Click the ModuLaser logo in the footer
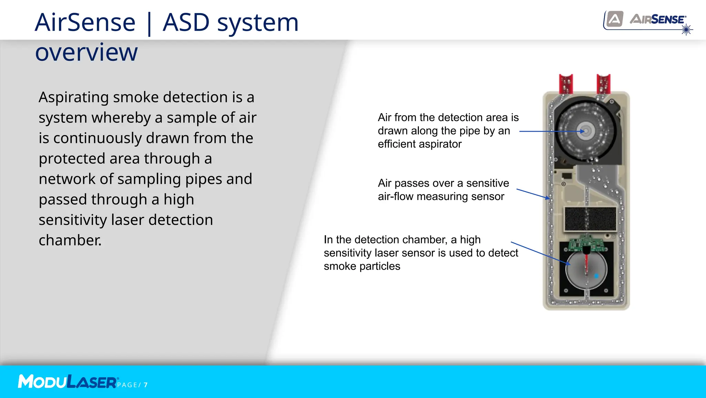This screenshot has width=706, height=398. click(x=68, y=382)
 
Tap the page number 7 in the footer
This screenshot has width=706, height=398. click(x=146, y=385)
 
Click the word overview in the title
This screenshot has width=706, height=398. click(x=86, y=52)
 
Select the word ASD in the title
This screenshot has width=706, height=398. click(x=186, y=23)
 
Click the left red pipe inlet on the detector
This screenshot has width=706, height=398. click(x=566, y=84)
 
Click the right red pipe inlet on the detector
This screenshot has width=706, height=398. click(x=603, y=84)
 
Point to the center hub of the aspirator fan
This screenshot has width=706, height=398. click(x=586, y=131)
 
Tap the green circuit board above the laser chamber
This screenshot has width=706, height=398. click(x=586, y=243)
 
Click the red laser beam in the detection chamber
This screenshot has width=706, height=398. click(x=586, y=264)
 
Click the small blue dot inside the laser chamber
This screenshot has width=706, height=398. click(x=596, y=276)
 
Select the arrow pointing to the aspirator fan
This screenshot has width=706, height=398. click(x=552, y=131)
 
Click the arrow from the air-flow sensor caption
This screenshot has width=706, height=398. click(x=533, y=194)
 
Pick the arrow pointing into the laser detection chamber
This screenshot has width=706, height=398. click(x=539, y=253)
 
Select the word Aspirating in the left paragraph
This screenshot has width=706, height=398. click(x=73, y=98)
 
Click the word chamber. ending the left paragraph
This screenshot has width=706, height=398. click(x=70, y=240)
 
